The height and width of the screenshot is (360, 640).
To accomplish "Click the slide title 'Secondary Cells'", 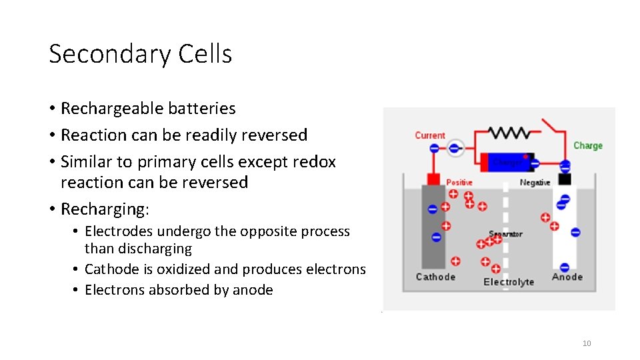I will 141,54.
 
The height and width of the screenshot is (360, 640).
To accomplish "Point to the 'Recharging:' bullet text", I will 105,209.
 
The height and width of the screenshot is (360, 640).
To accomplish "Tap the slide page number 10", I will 587,343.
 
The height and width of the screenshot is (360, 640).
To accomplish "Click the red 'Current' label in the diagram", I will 429,135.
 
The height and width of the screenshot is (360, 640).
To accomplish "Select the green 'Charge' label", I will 587,145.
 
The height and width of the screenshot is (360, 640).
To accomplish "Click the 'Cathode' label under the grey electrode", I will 435,277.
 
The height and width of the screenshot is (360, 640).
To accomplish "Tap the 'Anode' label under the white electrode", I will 567,277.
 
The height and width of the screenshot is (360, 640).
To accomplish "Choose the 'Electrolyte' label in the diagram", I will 509,282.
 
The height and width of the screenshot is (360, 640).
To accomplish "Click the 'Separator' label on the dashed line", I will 505,234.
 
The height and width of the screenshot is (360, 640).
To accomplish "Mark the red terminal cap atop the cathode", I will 433,179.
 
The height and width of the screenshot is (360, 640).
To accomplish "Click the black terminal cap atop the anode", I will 565,179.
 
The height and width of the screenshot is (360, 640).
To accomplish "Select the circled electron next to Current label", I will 455,148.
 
